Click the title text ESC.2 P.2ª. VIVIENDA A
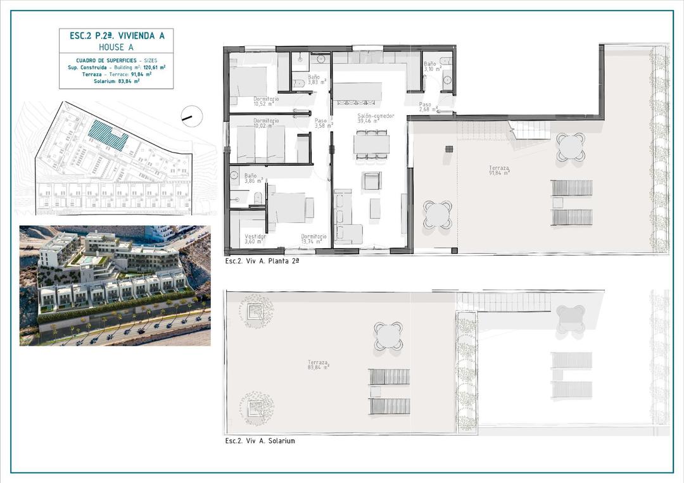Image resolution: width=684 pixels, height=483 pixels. tap(117, 36)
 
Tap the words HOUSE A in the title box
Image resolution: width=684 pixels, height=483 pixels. tap(117, 47)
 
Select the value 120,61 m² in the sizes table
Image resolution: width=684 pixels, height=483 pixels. tap(155, 66)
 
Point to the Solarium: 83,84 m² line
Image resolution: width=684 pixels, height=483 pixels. tap(117, 81)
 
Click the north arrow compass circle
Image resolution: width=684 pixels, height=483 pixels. tap(191, 115)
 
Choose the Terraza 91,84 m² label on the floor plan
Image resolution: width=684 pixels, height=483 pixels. tap(498, 170)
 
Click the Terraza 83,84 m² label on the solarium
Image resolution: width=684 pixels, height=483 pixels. tap(317, 365)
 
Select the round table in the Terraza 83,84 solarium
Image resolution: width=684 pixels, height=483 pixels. tap(388, 335)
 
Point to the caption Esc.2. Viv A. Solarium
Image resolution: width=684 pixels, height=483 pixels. tap(260, 441)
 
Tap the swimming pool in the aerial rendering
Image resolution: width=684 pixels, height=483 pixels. tap(85, 260)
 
